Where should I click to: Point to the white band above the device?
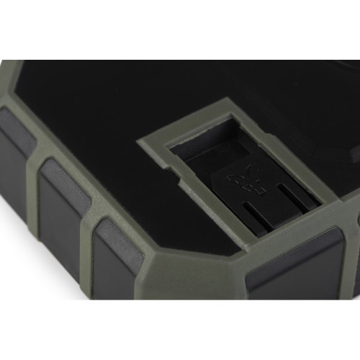click(x=180, y=29)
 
